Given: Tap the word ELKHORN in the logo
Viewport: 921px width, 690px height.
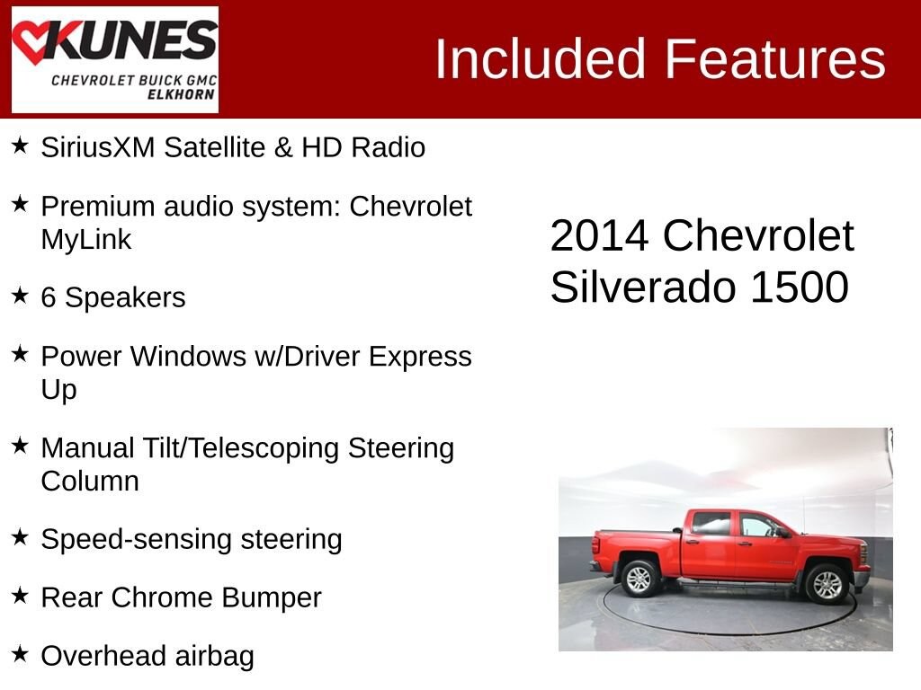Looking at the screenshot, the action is pos(181,94).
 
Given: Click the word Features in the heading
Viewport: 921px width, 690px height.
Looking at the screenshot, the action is pos(774,58).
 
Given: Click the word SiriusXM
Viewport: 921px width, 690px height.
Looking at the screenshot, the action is pos(97,147).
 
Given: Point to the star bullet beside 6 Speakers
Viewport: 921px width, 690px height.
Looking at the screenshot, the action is pos(20,295).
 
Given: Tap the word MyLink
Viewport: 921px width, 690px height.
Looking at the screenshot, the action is pos(86,239).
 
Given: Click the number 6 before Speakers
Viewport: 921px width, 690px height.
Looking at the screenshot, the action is pos(49,297).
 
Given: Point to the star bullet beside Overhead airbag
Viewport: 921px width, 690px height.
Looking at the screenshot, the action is pos(20,653).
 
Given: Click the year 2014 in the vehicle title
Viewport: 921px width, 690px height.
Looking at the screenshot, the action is pos(599,236).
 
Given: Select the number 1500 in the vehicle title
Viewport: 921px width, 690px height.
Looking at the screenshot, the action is pos(800,287).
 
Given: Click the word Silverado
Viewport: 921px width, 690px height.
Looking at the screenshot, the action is pos(643,287).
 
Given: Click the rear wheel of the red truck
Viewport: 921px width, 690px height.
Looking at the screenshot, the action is pos(640,579).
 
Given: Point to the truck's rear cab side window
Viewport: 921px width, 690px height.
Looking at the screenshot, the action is pos(711,524).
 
